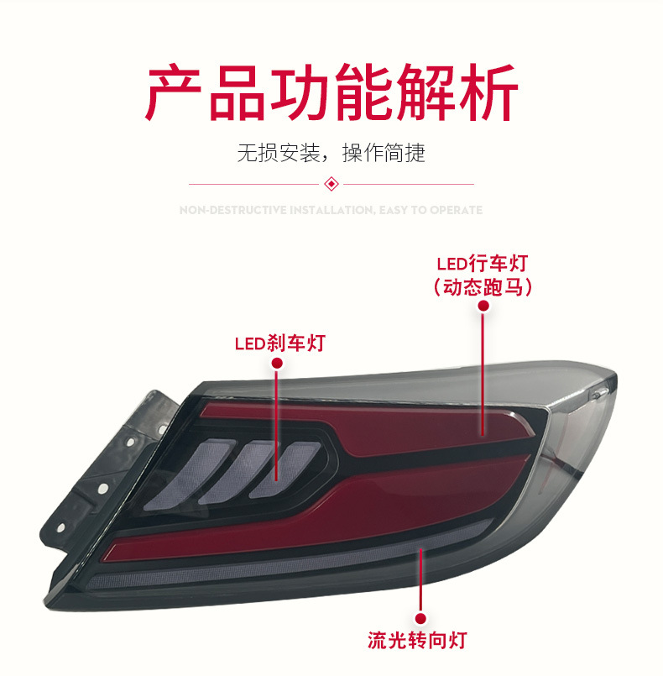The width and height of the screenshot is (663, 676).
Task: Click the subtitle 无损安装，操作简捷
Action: click(x=331, y=153)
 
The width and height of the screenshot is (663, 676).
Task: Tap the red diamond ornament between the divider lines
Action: click(x=331, y=183)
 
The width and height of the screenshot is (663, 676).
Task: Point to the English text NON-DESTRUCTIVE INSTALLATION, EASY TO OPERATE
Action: click(x=331, y=210)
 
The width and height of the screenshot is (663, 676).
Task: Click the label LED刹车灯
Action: click(x=279, y=343)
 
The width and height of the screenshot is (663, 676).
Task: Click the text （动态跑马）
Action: click(x=483, y=287)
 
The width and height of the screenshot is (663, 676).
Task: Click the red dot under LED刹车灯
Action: click(x=278, y=364)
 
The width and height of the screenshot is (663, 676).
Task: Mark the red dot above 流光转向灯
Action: click(x=421, y=615)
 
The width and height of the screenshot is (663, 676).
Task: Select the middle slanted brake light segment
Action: click(x=252, y=466)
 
